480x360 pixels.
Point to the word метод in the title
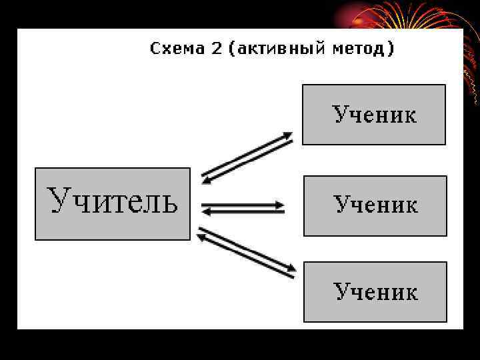[x=365, y=49]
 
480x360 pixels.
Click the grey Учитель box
[x=112, y=203]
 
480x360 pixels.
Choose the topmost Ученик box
[x=374, y=115]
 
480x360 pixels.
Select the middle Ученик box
[x=375, y=205]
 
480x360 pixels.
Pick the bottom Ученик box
[x=375, y=291]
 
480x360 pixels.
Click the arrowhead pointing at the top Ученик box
[x=288, y=135]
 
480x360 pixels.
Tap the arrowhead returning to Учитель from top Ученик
[x=206, y=179]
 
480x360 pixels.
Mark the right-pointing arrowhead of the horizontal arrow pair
[x=281, y=204]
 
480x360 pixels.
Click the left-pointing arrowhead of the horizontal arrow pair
[x=206, y=212]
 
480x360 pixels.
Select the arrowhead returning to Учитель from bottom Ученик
[x=202, y=233]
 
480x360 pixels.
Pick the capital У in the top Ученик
[x=341, y=115]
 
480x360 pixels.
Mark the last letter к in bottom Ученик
[x=411, y=292]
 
